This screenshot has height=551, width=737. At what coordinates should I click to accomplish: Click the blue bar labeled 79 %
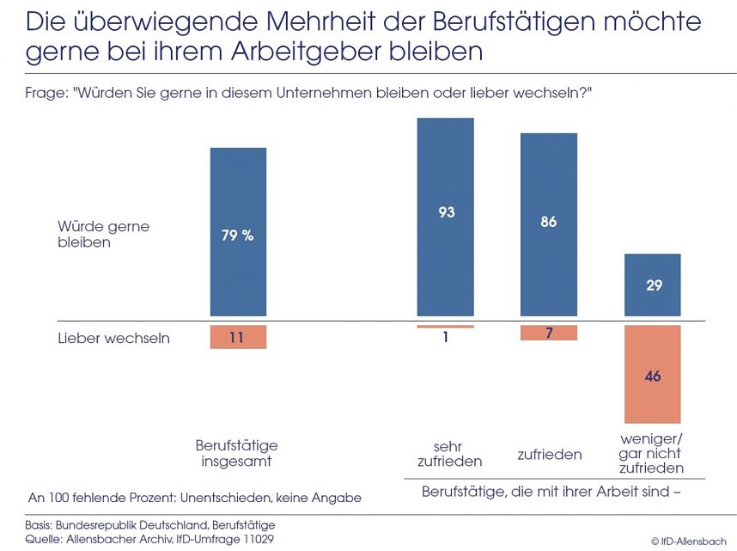point(238,233)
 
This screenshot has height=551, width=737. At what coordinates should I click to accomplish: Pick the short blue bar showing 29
point(653,285)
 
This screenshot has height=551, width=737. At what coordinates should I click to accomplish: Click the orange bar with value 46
point(653,375)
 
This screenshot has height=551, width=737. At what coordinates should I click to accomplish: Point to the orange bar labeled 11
point(238,337)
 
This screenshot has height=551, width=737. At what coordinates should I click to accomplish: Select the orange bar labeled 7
point(549,333)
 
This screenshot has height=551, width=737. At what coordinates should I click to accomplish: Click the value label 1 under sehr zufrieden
point(445,338)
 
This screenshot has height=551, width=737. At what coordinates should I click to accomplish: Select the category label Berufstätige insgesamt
point(237,453)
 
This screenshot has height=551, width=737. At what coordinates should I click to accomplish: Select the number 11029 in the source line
point(257,539)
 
